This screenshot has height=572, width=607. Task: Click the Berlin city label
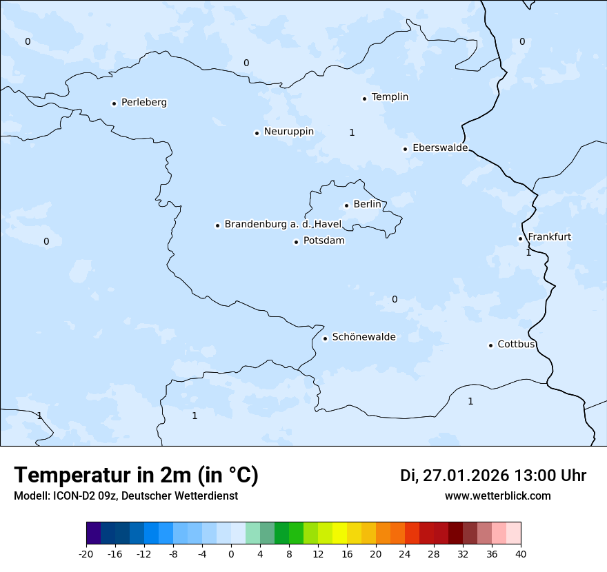click(x=366, y=204)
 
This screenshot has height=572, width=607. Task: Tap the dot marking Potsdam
click(x=297, y=242)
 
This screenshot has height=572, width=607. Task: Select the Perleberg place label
click(x=143, y=102)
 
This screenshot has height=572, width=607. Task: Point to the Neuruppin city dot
click(x=257, y=133)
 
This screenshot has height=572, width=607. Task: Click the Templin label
click(x=390, y=96)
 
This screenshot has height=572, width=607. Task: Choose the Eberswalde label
click(x=439, y=147)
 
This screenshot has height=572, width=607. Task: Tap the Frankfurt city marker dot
click(x=521, y=238)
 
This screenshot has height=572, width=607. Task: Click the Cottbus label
click(x=516, y=344)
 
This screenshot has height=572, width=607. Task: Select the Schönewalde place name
click(x=364, y=337)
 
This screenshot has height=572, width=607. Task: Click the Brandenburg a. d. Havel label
click(x=283, y=224)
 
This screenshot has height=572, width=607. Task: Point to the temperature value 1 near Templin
click(x=352, y=132)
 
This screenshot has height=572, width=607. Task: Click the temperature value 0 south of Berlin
click(x=395, y=299)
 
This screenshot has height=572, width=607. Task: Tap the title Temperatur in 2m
click(x=137, y=475)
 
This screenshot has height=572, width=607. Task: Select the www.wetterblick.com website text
click(x=497, y=496)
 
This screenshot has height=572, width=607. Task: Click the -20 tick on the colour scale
click(x=86, y=553)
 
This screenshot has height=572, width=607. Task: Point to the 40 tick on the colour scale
click(x=521, y=553)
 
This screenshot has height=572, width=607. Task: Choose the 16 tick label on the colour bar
click(x=347, y=553)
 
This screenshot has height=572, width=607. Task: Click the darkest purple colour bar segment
click(x=93, y=533)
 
